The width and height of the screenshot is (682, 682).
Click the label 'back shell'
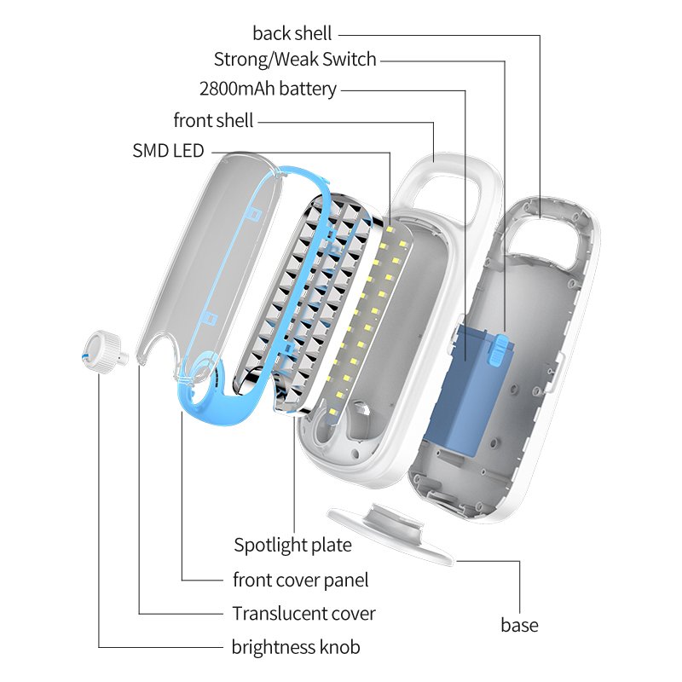(x=292, y=34)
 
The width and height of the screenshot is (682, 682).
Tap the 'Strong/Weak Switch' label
(x=294, y=61)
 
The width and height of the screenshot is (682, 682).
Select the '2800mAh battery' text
(x=268, y=89)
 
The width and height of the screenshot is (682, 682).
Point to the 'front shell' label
(x=213, y=120)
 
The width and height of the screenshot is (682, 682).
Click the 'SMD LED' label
(x=168, y=151)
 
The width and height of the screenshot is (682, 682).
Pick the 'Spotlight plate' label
(x=292, y=544)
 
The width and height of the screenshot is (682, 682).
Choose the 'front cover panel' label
(x=300, y=581)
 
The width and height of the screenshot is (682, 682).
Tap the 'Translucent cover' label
(x=303, y=614)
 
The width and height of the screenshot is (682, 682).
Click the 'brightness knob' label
(x=296, y=647)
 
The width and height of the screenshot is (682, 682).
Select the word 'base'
(x=519, y=625)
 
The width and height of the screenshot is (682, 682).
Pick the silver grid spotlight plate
(x=307, y=298)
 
